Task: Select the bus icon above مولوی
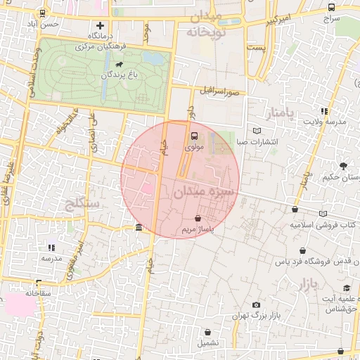(x=194, y=136)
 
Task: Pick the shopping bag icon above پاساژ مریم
(x=198, y=218)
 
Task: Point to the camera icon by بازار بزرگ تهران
(x=256, y=304)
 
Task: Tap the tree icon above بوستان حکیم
(x=342, y=165)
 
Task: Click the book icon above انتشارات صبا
(x=256, y=131)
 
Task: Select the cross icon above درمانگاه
(x=100, y=25)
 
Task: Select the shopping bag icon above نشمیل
(x=217, y=332)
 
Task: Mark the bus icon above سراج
(x=331, y=7)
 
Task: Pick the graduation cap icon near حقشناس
(x=347, y=288)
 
